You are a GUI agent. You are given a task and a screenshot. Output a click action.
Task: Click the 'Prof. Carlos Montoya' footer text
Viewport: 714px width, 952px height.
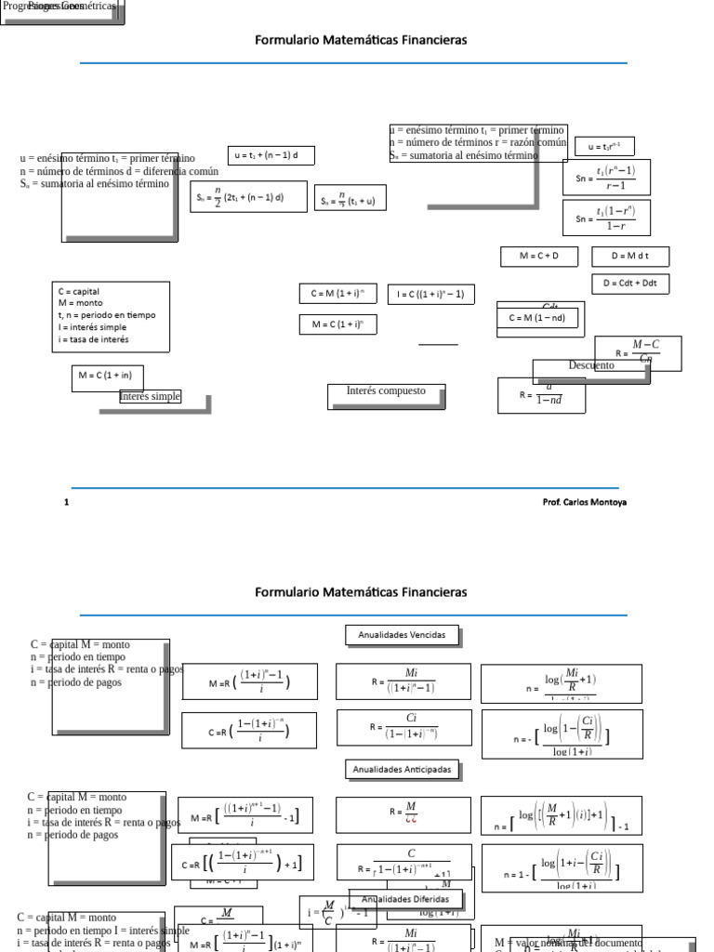(584, 502)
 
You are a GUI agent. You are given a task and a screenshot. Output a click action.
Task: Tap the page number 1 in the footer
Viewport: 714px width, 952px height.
(67, 502)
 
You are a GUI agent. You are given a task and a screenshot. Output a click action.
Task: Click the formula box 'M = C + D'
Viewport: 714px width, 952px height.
(538, 256)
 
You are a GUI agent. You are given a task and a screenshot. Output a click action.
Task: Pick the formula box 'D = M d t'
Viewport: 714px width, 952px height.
(630, 256)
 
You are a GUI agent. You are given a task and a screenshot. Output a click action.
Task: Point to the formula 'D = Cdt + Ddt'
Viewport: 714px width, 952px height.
(630, 284)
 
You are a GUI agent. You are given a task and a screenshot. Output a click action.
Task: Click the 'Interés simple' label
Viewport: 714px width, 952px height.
(150, 397)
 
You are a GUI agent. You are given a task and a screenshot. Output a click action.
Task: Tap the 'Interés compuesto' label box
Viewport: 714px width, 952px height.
(386, 392)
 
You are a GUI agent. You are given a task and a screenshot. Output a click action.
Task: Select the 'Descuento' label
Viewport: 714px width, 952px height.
(591, 366)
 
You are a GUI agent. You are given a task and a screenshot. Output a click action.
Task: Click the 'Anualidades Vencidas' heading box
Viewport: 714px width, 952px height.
(403, 636)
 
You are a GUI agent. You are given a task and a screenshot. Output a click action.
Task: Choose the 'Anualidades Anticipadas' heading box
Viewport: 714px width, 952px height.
(403, 770)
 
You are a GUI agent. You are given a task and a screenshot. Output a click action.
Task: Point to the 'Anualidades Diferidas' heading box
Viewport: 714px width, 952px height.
(404, 900)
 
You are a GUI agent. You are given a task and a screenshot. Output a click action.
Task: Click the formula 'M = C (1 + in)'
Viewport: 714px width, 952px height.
(107, 377)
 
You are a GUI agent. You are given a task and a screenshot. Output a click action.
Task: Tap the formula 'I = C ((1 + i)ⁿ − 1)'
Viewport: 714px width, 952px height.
(430, 295)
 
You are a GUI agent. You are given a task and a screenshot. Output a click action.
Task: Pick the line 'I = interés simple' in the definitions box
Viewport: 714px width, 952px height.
(93, 327)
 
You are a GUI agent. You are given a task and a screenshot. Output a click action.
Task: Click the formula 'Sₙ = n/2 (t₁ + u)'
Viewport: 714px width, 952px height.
(350, 198)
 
